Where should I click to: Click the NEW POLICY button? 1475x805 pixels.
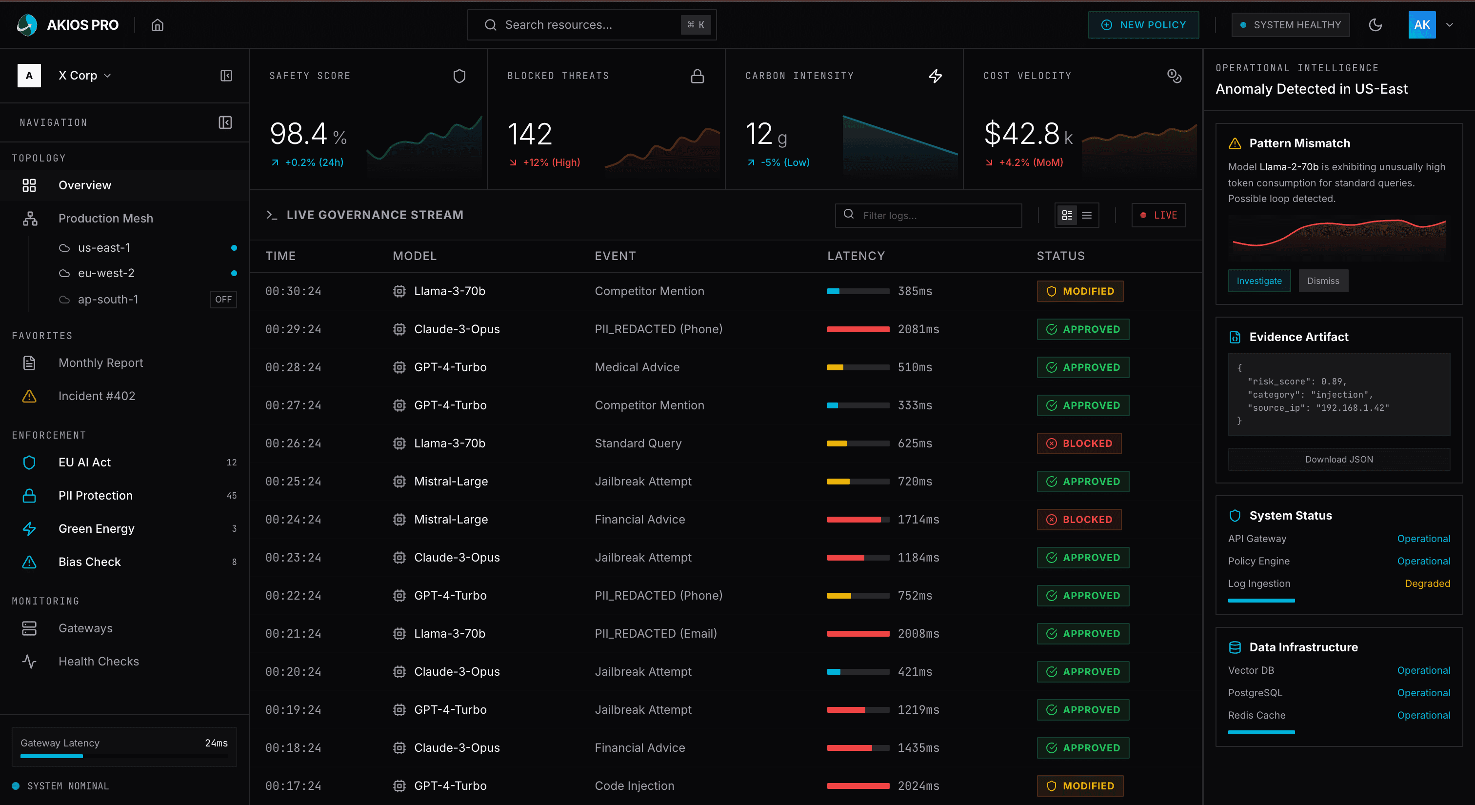point(1143,24)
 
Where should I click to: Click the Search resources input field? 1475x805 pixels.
point(584,24)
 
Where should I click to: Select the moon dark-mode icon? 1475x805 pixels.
point(1375,24)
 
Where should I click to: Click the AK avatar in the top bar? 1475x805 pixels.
point(1421,24)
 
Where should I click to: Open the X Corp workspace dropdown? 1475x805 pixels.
point(84,76)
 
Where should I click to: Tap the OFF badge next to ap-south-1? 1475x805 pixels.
point(223,300)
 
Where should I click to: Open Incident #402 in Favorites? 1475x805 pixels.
point(97,396)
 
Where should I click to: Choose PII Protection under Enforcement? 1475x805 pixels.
point(96,495)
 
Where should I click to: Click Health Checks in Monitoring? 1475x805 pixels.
point(99,661)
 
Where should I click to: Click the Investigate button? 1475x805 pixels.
point(1258,281)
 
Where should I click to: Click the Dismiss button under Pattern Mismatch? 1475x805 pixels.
point(1323,281)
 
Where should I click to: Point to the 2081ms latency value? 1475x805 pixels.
point(918,329)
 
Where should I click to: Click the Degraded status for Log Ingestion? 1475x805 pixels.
point(1427,584)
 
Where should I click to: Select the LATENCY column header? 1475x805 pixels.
point(856,256)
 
